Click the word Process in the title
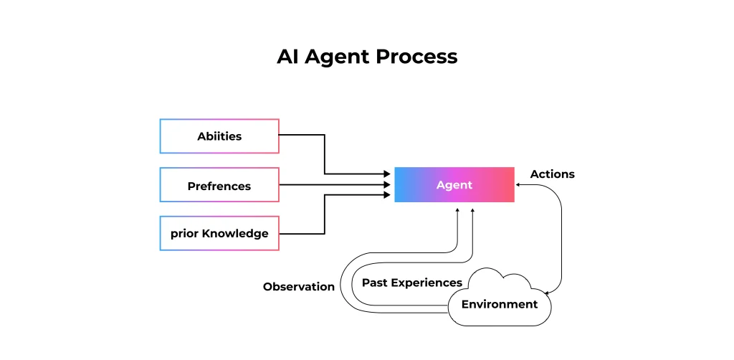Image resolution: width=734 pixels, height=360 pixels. (416, 57)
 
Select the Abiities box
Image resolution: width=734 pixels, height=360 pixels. (219, 136)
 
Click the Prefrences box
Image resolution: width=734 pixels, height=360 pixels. (219, 185)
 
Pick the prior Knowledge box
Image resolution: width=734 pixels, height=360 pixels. (219, 233)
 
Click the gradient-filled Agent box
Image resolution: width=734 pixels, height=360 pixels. (454, 185)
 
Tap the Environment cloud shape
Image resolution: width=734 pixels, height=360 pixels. (500, 298)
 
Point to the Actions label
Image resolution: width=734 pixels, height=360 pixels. (553, 174)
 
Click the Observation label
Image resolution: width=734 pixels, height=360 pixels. (299, 287)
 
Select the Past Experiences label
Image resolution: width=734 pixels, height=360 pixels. (412, 283)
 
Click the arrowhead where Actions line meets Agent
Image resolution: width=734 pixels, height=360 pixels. (518, 185)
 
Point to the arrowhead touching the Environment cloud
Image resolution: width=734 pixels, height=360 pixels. (547, 293)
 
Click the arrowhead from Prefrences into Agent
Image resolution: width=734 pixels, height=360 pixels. (386, 185)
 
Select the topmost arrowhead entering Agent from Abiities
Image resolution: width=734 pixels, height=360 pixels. (386, 174)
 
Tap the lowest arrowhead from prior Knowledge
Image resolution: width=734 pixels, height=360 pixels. (386, 195)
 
